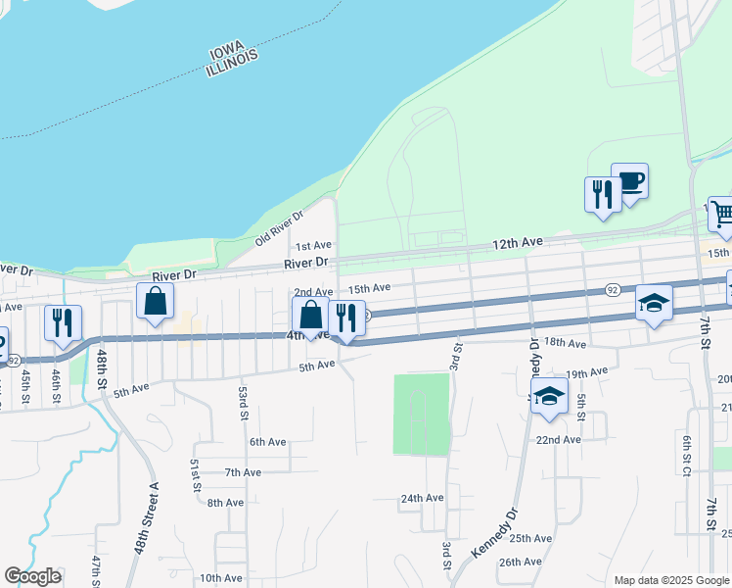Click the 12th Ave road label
click(517, 242)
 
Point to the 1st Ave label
click(314, 245)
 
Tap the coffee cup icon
click(630, 181)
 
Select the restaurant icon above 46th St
click(63, 322)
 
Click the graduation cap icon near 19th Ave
click(550, 396)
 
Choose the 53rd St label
click(242, 403)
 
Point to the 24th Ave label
click(422, 497)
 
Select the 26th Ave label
click(520, 562)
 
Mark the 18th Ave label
click(565, 343)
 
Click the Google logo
click(32, 576)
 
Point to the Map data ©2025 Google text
click(670, 580)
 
